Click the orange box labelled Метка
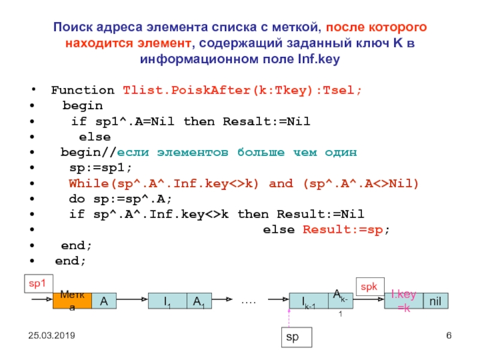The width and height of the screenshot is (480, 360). (x=73, y=301)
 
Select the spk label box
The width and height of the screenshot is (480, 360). (x=368, y=287)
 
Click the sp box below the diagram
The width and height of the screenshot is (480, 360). (x=296, y=337)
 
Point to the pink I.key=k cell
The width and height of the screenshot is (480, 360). (x=404, y=301)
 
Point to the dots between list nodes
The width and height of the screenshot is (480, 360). (x=248, y=300)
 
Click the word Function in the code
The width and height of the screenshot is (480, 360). (x=82, y=91)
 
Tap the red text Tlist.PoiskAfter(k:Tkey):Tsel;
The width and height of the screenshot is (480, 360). (x=242, y=91)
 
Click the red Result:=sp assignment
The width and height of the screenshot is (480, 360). (x=345, y=230)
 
